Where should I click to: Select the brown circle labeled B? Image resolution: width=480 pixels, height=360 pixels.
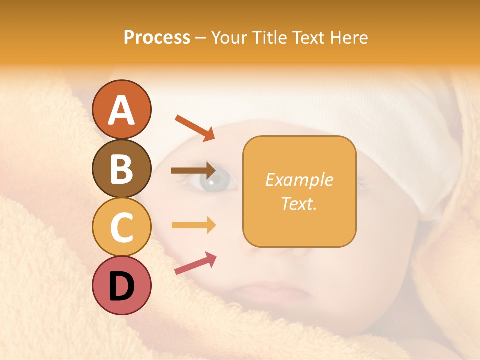tap(122, 168)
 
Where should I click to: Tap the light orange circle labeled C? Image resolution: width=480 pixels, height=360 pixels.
tap(122, 227)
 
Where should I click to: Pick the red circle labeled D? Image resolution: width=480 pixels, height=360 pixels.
tap(122, 285)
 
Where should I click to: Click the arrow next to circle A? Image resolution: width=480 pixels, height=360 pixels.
tap(195, 128)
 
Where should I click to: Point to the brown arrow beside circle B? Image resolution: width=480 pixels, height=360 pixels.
tap(193, 171)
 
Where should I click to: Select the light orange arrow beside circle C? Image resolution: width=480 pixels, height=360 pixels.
tap(193, 225)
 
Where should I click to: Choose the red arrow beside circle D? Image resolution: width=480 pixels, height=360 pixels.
tap(195, 263)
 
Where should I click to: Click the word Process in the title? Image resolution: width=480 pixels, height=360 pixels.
tap(157, 38)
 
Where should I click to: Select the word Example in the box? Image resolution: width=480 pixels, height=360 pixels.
tap(299, 180)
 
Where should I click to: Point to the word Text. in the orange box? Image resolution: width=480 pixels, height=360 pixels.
tap(299, 203)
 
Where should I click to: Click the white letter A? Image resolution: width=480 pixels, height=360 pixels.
tap(122, 110)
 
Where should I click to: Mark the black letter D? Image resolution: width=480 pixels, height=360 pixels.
tap(122, 286)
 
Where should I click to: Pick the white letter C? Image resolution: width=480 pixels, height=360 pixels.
tap(122, 227)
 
